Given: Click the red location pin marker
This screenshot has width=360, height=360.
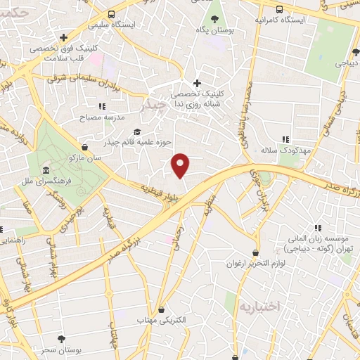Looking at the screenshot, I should (181, 165).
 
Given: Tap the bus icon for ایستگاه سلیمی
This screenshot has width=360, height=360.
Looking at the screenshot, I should (112, 14).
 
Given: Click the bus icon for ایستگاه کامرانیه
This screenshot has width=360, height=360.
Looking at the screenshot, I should (280, 9).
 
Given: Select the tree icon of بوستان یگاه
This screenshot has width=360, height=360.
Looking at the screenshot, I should (214, 18).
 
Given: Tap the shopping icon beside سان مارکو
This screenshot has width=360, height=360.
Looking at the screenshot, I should (85, 147).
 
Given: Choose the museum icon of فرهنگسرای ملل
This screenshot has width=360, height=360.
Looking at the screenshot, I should (46, 171).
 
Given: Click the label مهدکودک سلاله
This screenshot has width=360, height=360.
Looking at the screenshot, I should (285, 150).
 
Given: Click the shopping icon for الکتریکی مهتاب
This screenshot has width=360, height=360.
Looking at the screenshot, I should (162, 309).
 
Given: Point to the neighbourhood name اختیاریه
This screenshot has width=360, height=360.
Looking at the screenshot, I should (259, 307).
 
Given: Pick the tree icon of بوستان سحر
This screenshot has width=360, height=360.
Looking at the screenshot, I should (61, 339).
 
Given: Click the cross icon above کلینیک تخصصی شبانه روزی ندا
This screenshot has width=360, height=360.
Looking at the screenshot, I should (198, 83).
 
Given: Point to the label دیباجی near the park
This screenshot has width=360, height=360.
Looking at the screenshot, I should (347, 63).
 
